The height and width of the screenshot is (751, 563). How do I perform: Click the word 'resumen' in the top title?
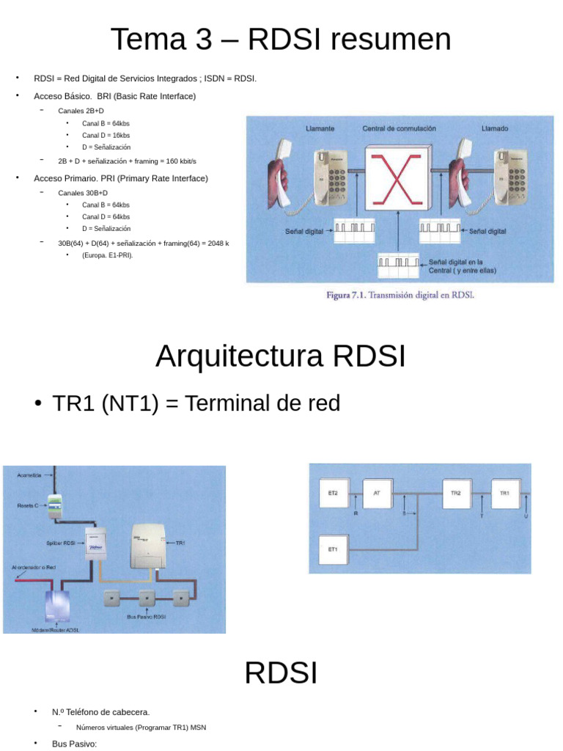click(x=389, y=40)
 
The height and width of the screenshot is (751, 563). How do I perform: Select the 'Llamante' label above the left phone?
click(x=320, y=128)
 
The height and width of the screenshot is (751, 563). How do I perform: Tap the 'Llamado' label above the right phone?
click(x=495, y=128)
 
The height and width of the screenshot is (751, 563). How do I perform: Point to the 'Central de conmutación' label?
click(x=399, y=128)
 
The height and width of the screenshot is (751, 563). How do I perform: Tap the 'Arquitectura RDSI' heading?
click(x=280, y=357)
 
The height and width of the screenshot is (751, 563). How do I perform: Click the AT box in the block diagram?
click(x=377, y=494)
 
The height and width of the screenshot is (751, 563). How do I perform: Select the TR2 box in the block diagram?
click(x=455, y=494)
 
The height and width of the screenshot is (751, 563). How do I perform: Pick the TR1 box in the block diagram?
click(x=504, y=494)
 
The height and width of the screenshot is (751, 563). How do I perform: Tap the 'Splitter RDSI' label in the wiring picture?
click(x=60, y=543)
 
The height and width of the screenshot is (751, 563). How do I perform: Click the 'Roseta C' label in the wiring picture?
click(x=28, y=505)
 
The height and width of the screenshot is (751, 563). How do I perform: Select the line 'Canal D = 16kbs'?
click(x=106, y=135)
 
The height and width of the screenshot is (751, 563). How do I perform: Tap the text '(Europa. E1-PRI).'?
click(x=108, y=255)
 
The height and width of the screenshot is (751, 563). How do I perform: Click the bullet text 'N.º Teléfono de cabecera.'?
click(x=100, y=711)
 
